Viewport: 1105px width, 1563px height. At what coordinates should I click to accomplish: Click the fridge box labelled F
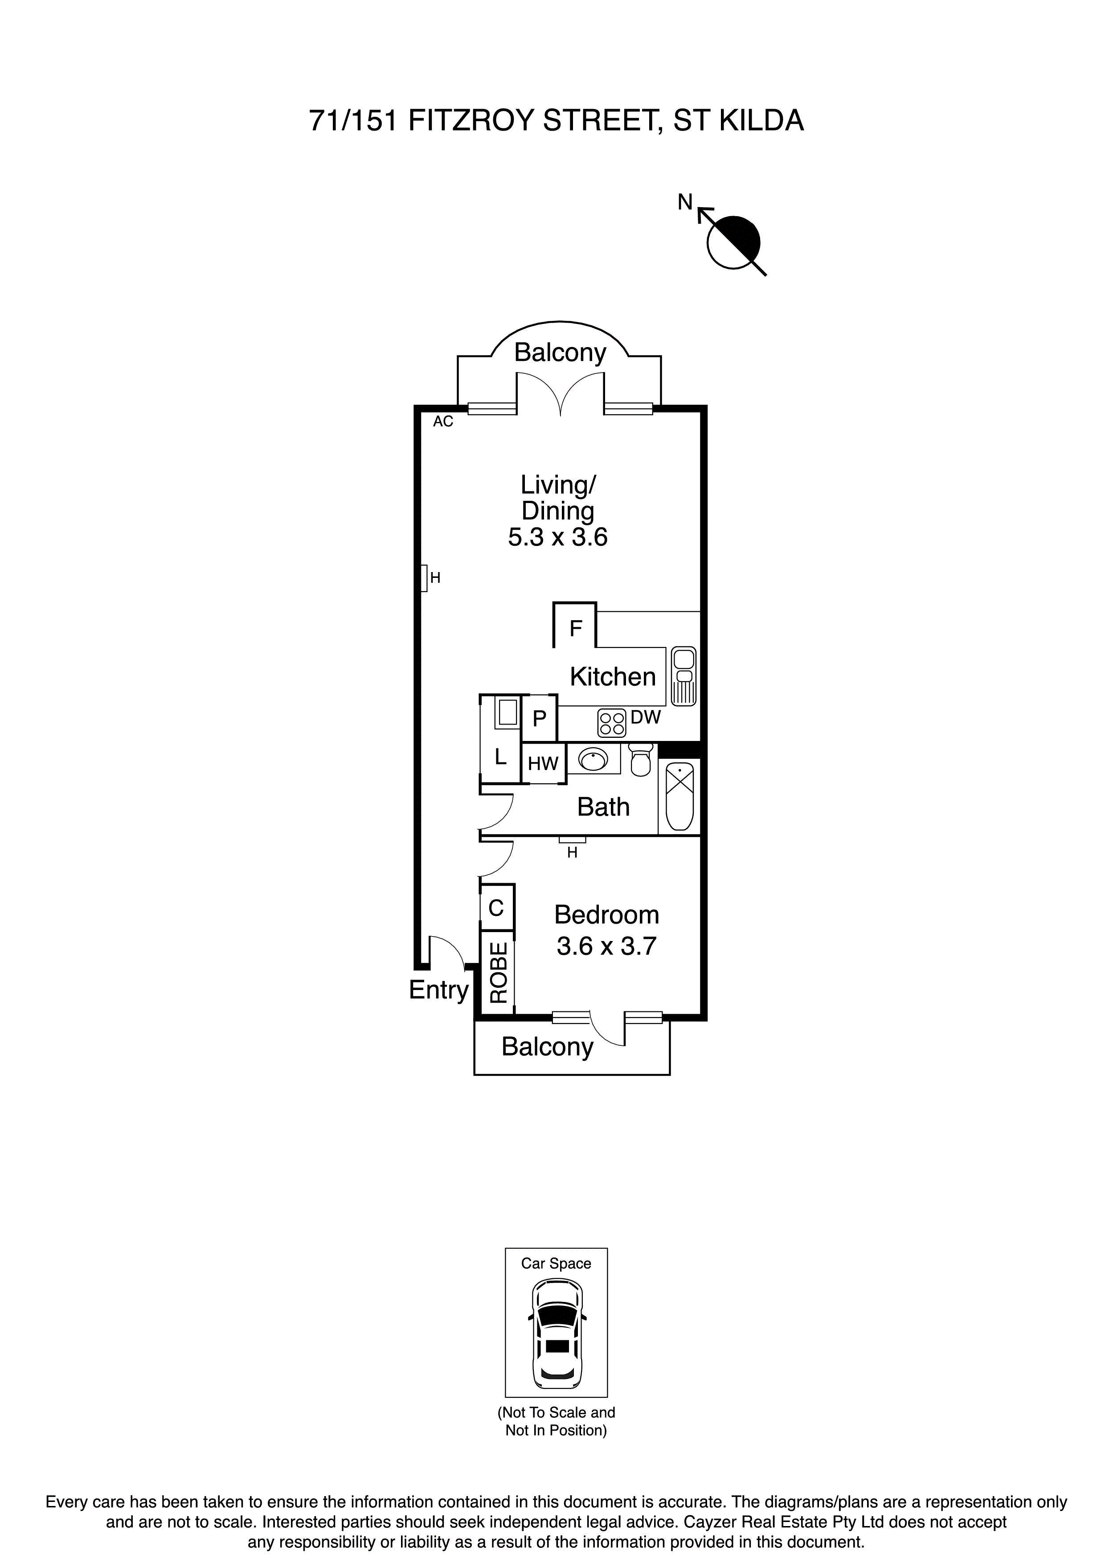[575, 628]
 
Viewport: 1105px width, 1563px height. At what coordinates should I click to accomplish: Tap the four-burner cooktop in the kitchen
[611, 723]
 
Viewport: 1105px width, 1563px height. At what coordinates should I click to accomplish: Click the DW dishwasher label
[646, 717]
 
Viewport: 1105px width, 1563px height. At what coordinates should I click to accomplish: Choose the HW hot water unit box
[543, 764]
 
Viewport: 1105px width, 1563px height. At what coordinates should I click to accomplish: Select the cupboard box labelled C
[496, 908]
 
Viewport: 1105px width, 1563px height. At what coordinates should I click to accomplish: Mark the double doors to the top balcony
[560, 395]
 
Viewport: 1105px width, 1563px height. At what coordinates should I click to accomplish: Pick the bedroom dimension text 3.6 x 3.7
[606, 946]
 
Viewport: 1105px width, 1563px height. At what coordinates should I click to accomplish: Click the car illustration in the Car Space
[556, 1340]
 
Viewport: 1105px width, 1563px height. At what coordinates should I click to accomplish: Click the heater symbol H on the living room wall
[424, 578]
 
